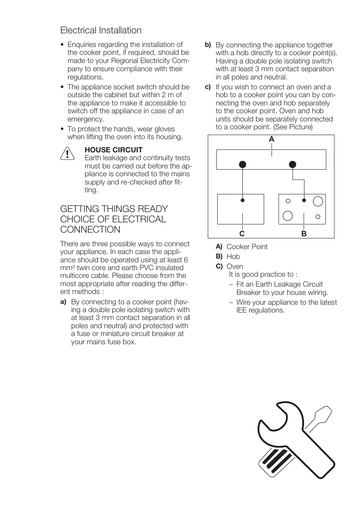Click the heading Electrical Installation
[x=101, y=30]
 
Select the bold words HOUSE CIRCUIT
[x=113, y=150]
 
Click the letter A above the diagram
[x=271, y=140]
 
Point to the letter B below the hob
[x=304, y=233]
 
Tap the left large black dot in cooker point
[x=243, y=164]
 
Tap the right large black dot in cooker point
[x=293, y=164]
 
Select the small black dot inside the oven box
[x=243, y=201]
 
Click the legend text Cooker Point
[x=247, y=247]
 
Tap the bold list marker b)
[x=208, y=45]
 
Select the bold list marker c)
[x=208, y=87]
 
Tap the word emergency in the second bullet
[x=86, y=119]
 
